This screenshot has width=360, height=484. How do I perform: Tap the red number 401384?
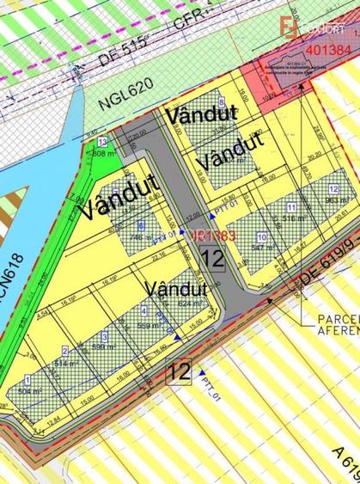[326, 51]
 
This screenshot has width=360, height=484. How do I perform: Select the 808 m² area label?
[104, 154]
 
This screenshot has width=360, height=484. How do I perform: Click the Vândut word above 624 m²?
[178, 286]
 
